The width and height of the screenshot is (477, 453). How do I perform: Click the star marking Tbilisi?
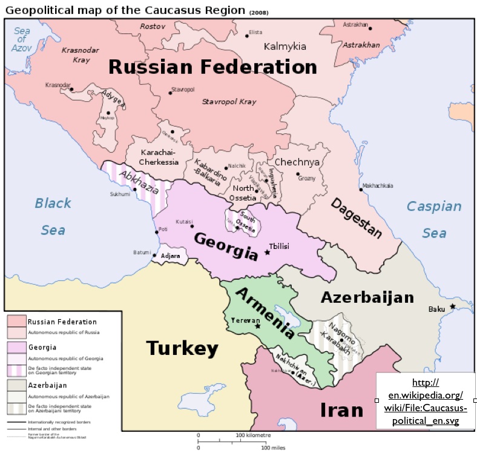(x=267, y=251)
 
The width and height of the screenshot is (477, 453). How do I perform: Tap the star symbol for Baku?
(x=452, y=306)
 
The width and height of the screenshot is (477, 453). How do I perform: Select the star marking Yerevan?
(x=258, y=326)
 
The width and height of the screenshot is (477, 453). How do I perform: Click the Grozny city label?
(x=307, y=179)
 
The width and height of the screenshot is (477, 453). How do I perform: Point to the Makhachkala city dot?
(x=361, y=190)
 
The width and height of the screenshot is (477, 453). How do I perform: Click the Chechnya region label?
(x=297, y=162)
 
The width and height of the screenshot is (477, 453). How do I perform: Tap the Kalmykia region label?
(x=285, y=47)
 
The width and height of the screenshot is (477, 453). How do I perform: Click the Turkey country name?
(x=182, y=348)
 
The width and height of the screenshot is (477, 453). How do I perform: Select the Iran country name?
(x=341, y=410)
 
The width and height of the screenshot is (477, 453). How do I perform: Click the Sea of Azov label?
(x=22, y=39)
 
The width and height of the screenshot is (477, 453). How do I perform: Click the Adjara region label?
(x=170, y=256)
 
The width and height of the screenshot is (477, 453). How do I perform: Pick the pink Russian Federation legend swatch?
(x=16, y=321)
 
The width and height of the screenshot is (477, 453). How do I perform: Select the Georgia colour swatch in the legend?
(x=16, y=347)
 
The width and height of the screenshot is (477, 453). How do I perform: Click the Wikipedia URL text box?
(x=426, y=402)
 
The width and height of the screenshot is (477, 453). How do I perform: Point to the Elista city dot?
(x=247, y=36)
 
